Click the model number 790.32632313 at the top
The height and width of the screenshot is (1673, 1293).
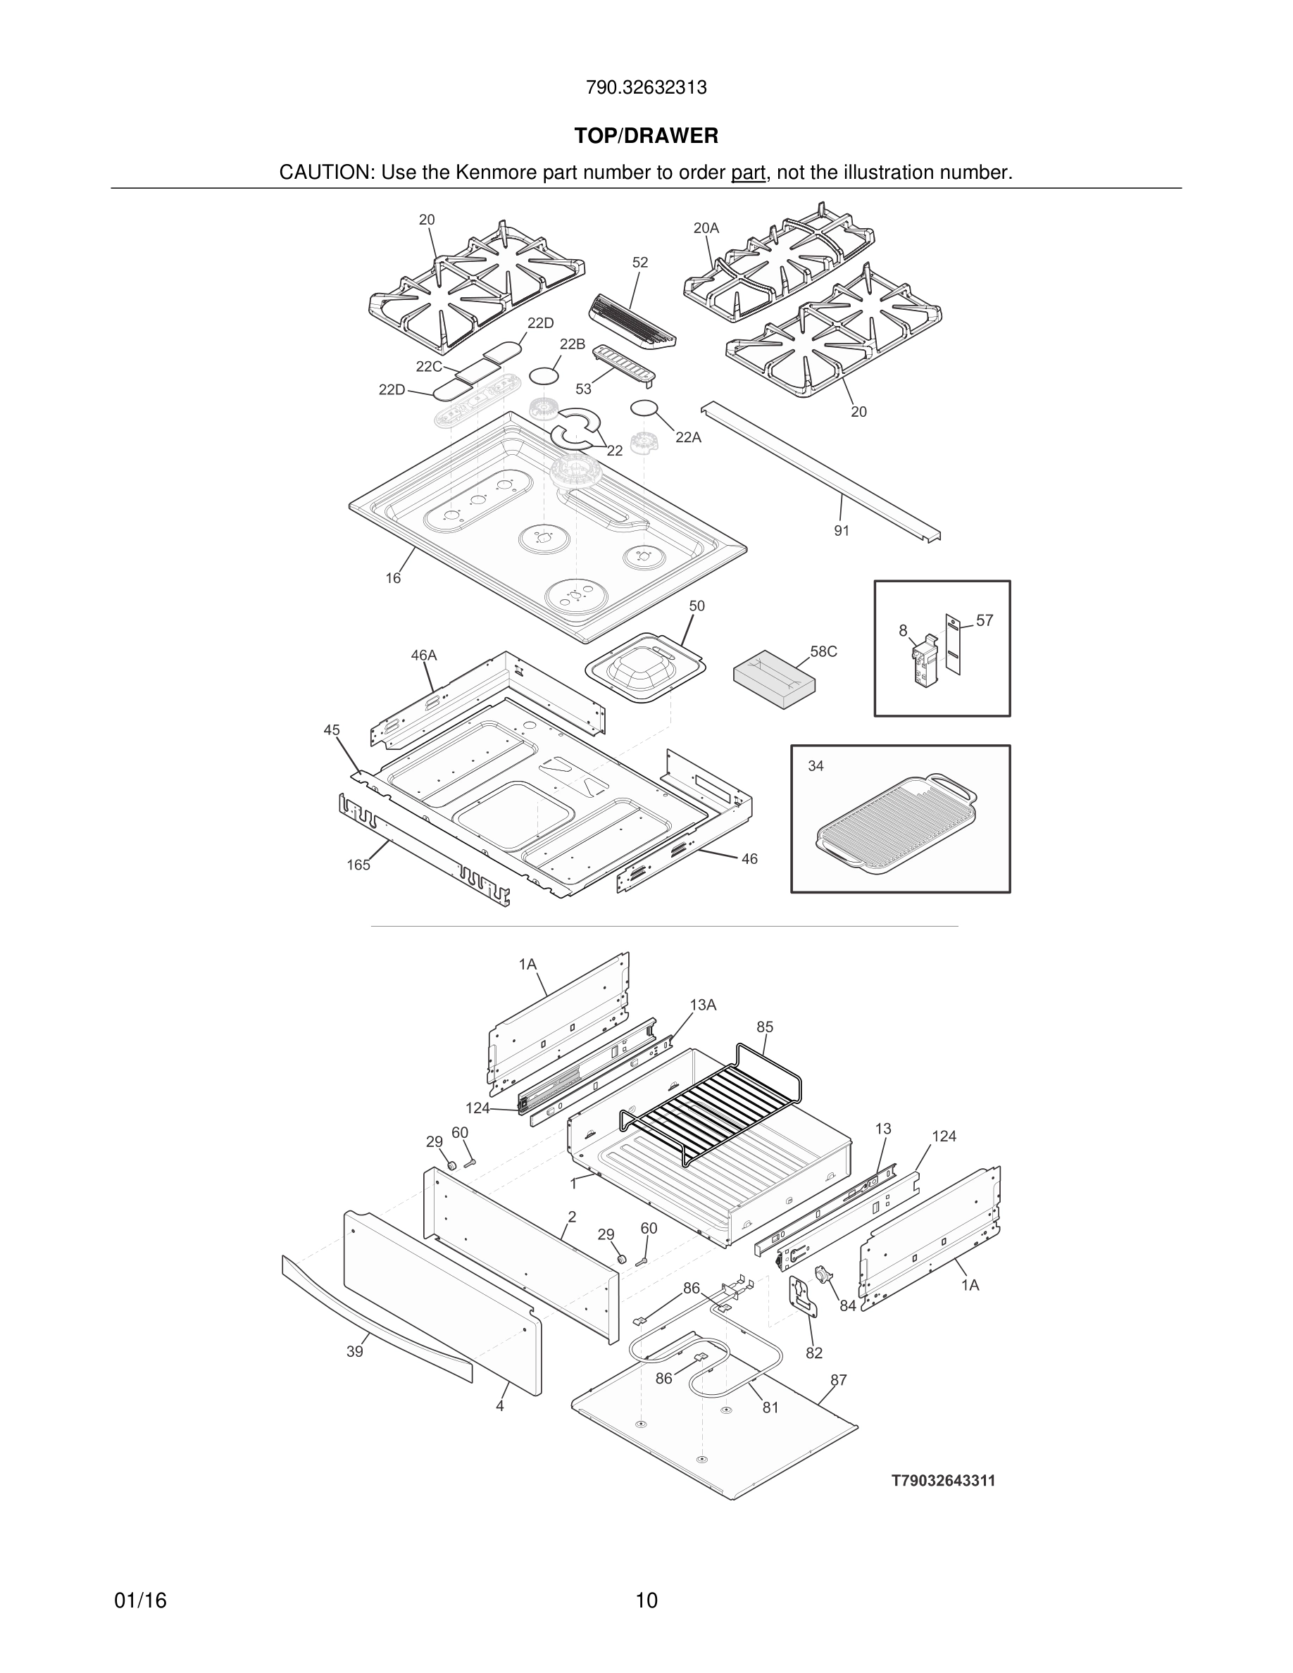click(x=646, y=88)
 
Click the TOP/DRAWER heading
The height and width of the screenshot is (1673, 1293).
click(x=646, y=137)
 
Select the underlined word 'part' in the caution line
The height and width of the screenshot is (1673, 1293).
click(x=748, y=173)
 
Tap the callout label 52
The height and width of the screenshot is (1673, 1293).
click(x=640, y=263)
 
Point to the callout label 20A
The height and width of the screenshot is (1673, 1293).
click(x=706, y=228)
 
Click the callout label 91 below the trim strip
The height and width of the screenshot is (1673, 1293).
click(x=841, y=531)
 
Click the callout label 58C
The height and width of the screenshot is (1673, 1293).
click(x=823, y=652)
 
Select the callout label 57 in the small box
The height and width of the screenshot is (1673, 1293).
click(x=985, y=620)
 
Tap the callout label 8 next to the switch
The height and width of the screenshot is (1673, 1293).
click(x=903, y=630)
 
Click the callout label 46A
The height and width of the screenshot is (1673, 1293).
click(x=423, y=656)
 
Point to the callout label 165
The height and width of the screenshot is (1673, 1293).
click(x=358, y=865)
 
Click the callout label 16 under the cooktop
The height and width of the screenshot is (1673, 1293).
click(x=393, y=578)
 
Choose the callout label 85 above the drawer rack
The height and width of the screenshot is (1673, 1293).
click(x=765, y=1027)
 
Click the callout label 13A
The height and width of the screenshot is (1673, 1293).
click(x=702, y=1005)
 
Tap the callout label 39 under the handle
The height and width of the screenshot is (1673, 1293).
click(x=355, y=1352)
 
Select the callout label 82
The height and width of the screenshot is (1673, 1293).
click(x=813, y=1353)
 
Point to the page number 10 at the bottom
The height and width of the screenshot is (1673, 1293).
click(x=646, y=1601)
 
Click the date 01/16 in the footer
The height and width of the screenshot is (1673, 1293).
click(x=140, y=1601)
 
